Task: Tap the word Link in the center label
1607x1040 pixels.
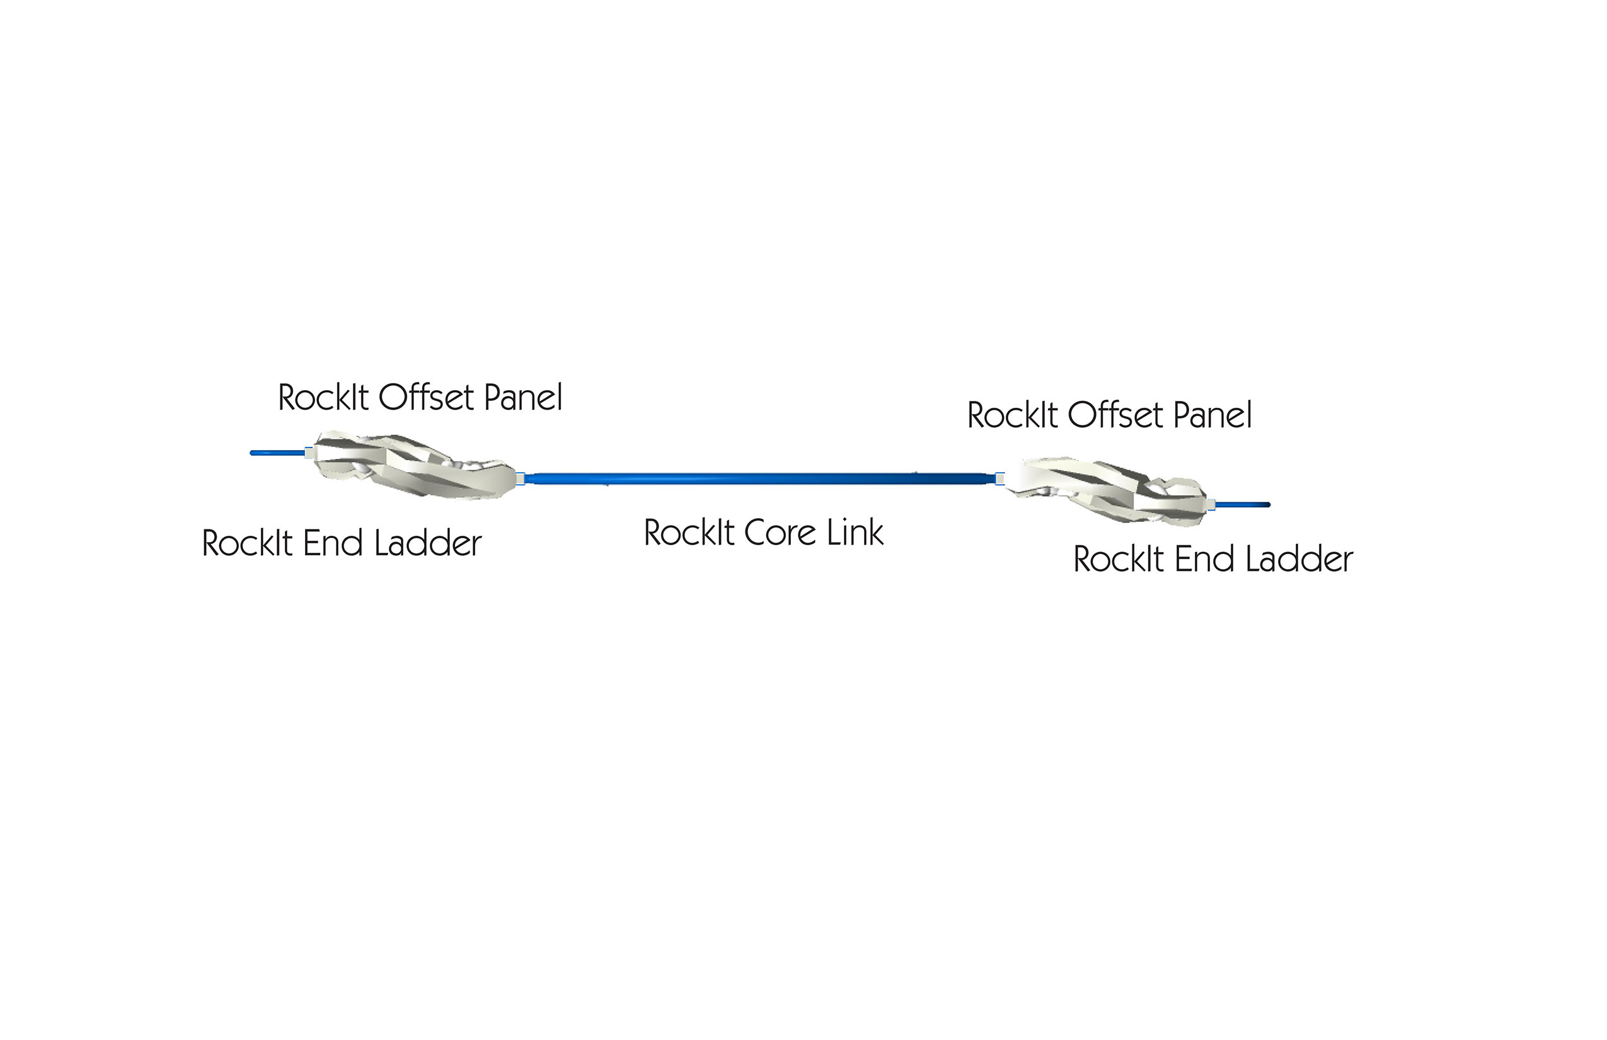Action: coord(855,532)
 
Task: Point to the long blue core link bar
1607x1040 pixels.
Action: coord(759,479)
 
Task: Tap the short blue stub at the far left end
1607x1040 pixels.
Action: coord(277,453)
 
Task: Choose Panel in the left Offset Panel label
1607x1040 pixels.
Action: coord(523,397)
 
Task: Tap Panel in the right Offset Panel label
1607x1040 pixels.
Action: coord(1212,415)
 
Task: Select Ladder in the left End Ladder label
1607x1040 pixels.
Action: coord(427,543)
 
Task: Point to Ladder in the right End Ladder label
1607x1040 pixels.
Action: coord(1299,559)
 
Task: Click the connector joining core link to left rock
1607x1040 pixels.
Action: coord(521,479)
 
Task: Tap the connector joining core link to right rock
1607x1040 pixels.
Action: coord(999,479)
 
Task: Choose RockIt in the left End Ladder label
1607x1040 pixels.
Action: coord(247,543)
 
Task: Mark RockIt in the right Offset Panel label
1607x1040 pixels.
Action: coord(1013,415)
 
